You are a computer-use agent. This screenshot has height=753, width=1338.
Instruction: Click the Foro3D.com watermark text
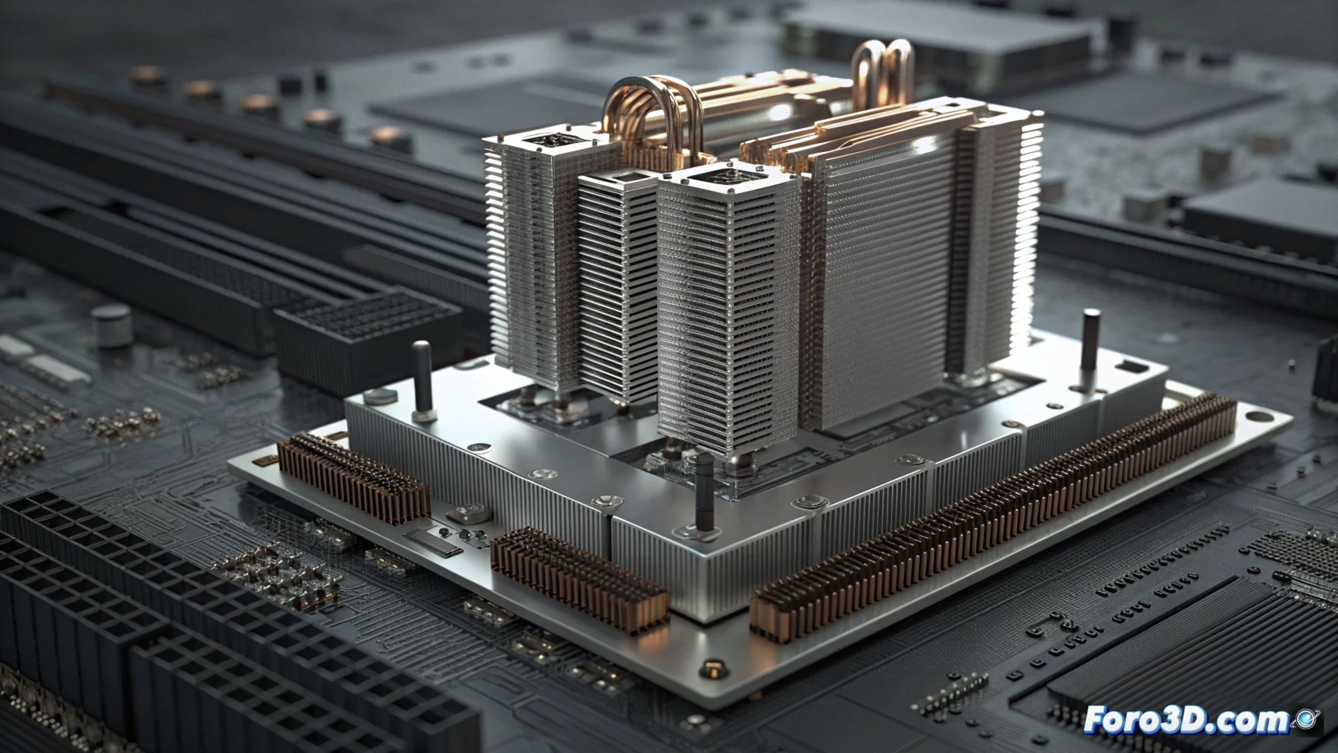point(1186,720)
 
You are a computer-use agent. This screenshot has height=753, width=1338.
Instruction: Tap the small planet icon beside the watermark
point(1304,719)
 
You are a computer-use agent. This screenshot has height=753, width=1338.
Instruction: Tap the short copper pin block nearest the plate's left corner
point(353,478)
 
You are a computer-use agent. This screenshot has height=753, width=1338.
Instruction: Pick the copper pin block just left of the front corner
point(580,579)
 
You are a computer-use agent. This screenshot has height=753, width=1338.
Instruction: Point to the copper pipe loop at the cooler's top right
point(884,70)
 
